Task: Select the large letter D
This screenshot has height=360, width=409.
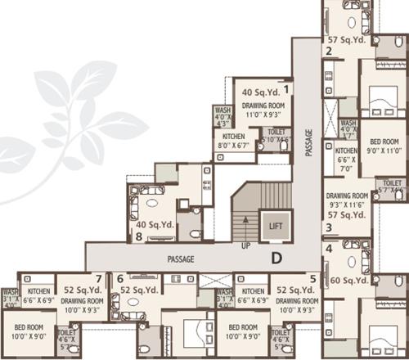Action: click(277, 260)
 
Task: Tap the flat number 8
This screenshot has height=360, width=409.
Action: click(139, 237)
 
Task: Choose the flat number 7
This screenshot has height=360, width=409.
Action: click(98, 279)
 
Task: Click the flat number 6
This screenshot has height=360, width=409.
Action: click(119, 279)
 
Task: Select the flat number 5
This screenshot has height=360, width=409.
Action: click(312, 279)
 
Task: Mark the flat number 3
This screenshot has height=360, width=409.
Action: click(328, 227)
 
